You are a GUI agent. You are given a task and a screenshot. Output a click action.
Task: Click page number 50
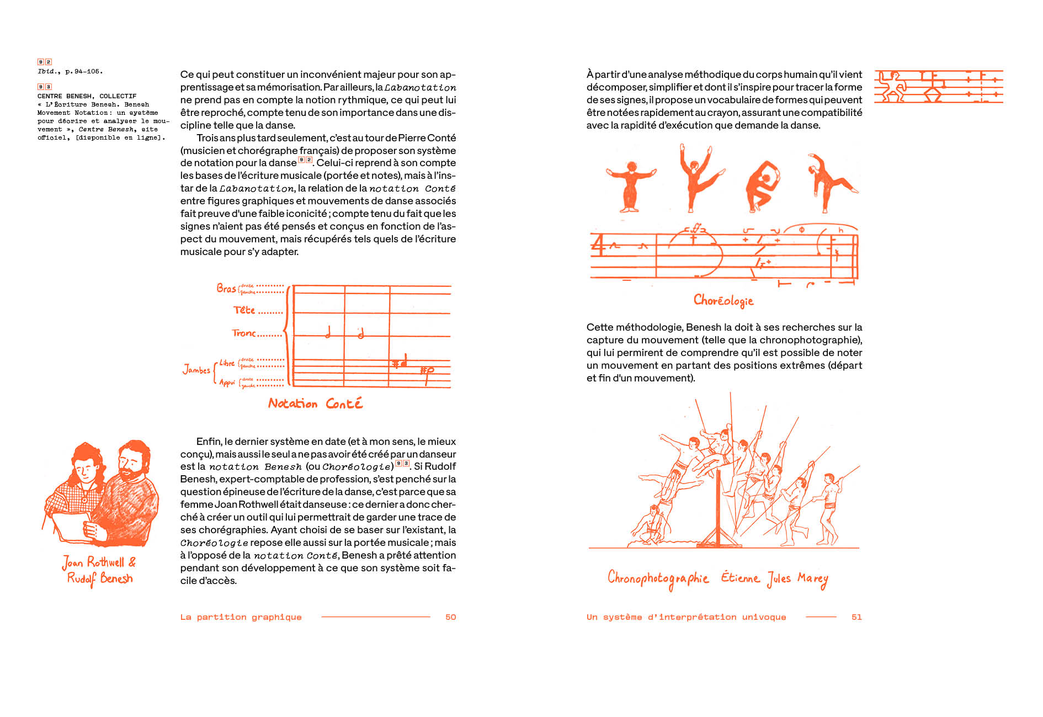point(450,617)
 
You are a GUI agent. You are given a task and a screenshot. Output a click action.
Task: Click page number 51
point(856,617)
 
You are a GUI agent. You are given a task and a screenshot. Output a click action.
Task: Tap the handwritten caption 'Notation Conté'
point(315,403)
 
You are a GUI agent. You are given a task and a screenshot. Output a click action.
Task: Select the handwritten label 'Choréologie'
point(723,300)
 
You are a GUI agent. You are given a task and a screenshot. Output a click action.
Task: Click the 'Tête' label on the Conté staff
point(244,310)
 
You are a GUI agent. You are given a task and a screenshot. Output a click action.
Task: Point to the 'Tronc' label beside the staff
point(244,333)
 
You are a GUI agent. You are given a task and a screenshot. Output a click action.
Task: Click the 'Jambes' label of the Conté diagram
point(196,369)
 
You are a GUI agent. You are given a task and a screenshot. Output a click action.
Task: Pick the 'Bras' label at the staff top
point(226,288)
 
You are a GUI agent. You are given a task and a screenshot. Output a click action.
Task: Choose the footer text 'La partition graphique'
point(241,617)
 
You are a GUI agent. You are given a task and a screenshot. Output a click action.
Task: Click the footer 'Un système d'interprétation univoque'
point(686,617)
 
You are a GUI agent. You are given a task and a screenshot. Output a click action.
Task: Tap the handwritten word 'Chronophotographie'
point(658,578)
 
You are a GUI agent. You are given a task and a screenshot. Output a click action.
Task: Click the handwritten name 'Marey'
point(812,579)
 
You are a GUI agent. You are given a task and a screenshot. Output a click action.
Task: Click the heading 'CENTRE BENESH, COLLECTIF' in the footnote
point(87,96)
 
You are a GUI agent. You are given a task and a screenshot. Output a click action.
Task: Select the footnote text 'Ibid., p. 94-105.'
point(70,71)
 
